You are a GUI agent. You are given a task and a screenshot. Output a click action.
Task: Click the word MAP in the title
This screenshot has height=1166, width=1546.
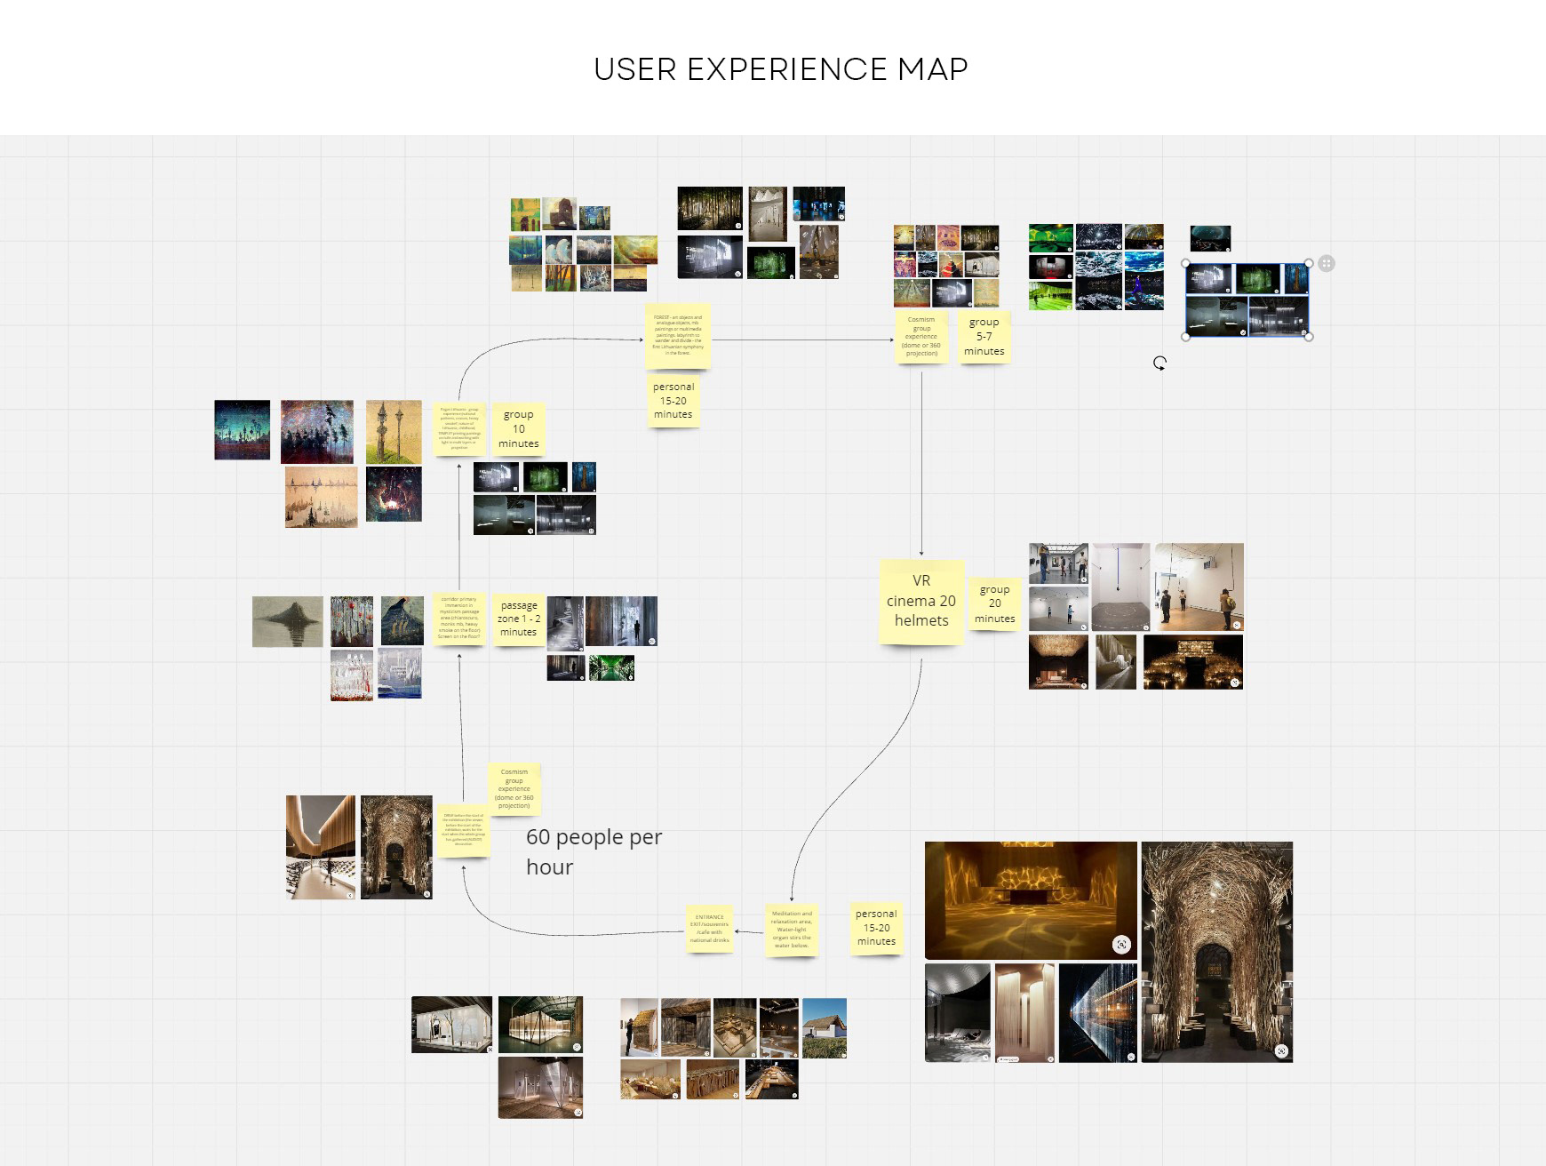point(932,69)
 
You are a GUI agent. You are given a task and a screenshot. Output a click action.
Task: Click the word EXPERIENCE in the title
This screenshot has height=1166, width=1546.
point(786,69)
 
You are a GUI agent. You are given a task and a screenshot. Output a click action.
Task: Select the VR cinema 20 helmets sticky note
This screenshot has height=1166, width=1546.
point(921,601)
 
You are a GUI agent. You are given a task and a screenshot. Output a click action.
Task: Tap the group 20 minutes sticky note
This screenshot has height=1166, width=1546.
point(994,604)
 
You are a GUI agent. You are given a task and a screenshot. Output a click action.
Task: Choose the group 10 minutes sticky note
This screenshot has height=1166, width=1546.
point(518,429)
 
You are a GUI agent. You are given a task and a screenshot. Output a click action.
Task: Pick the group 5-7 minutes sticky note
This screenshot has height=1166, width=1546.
point(984,337)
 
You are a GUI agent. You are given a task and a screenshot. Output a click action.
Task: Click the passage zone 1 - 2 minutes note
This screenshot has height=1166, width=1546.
point(518,619)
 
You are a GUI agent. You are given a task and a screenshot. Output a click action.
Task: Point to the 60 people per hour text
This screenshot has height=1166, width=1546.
point(594,851)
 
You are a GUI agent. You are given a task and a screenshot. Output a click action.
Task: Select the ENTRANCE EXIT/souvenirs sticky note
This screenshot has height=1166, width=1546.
point(709,929)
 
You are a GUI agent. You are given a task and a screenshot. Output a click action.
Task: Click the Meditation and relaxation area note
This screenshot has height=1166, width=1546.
point(791,930)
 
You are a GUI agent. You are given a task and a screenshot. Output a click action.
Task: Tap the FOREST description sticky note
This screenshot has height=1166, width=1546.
point(677,335)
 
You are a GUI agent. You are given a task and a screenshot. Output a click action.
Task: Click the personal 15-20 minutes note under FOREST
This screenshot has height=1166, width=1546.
point(673,401)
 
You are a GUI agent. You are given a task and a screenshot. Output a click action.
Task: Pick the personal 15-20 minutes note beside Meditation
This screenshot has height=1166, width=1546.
point(876,928)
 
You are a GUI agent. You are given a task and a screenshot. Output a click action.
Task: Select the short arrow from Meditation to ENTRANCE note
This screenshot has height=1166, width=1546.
point(749,932)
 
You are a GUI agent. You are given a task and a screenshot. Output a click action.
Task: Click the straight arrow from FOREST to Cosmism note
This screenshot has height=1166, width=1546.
point(800,339)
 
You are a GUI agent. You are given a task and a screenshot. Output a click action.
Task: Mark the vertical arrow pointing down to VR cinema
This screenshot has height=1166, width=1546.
point(921,462)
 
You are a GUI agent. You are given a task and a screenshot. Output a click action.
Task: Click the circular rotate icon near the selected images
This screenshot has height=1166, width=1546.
point(1159,363)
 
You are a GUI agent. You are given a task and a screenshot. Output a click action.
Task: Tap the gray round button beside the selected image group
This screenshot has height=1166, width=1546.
point(1327,263)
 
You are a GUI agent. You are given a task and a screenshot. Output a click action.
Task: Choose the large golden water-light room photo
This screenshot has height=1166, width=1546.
point(1031,900)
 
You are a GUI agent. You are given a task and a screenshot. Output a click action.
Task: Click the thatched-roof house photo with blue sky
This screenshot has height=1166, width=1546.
point(824,1028)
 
